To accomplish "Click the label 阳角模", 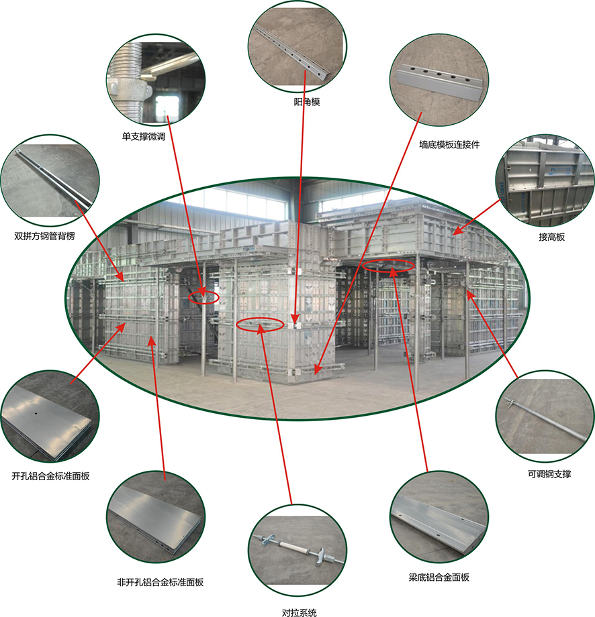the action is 306,102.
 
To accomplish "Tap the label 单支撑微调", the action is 144,137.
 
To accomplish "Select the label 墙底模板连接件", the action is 449,145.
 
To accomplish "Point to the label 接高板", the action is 551,237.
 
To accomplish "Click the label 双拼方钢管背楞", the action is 44,236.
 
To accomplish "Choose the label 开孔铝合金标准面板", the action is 50,476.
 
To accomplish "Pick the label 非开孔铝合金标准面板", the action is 160,582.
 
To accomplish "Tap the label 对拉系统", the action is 299,612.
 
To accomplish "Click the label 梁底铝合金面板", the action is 439,577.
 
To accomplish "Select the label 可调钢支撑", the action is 549,474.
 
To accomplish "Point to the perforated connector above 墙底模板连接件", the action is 439,80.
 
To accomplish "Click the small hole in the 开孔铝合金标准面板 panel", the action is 36,414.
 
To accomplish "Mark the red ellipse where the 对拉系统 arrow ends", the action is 260,324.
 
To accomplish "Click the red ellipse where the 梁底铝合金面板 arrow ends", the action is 389,266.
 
